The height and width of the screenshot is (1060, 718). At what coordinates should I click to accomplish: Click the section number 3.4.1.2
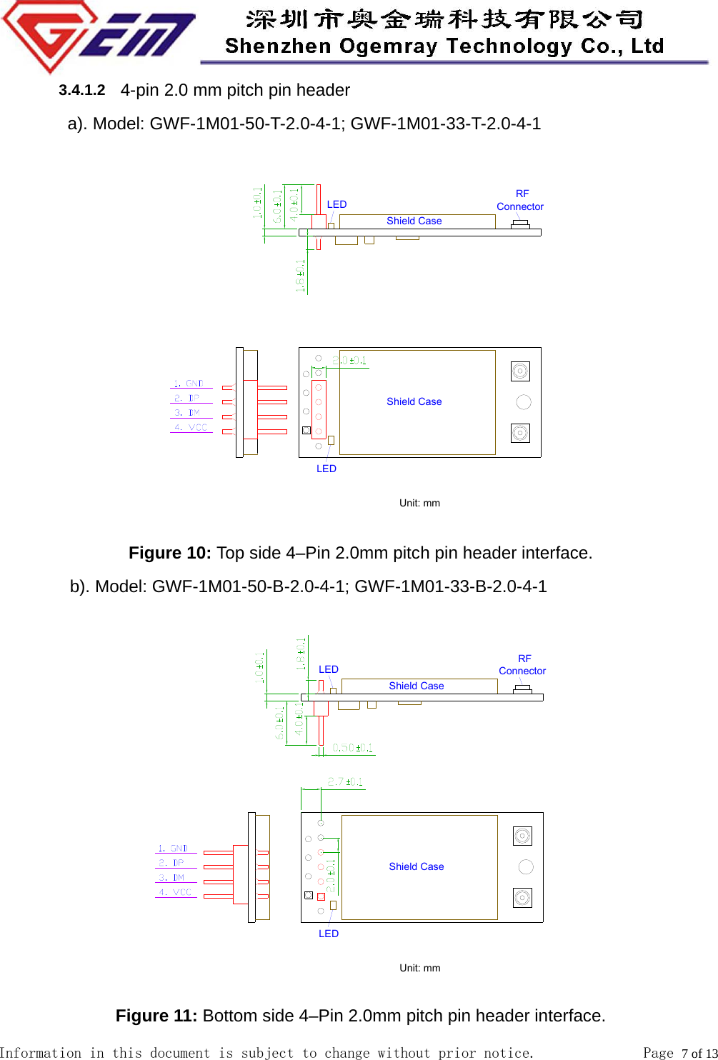point(81,90)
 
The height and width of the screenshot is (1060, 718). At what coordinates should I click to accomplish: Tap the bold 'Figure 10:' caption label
point(169,553)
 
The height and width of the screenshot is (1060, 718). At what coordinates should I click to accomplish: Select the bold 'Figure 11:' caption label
point(156,1016)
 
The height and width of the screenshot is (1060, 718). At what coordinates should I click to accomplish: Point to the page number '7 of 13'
point(697,1053)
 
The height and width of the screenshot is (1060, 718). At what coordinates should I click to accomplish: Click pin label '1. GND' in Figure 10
point(189,384)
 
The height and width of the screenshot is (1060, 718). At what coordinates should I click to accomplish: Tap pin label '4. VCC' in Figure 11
point(175,892)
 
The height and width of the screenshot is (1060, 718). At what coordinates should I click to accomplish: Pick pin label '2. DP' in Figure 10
point(187,398)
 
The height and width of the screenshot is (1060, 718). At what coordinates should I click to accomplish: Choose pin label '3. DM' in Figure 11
point(171,877)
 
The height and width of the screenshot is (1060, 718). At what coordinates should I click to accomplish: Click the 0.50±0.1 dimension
point(353,748)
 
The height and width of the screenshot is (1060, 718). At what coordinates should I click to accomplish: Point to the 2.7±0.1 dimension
point(345,782)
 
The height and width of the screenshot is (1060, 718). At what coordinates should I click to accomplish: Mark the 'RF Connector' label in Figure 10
point(520,200)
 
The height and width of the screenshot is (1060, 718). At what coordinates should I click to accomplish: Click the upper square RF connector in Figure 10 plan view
point(520,371)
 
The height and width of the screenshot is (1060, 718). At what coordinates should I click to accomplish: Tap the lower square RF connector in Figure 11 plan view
point(522,898)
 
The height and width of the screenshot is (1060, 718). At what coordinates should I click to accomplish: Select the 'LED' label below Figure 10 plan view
point(326,469)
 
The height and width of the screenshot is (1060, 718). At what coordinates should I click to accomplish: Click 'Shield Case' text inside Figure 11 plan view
point(417,866)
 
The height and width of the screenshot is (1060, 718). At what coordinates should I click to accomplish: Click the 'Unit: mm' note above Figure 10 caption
point(419,503)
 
